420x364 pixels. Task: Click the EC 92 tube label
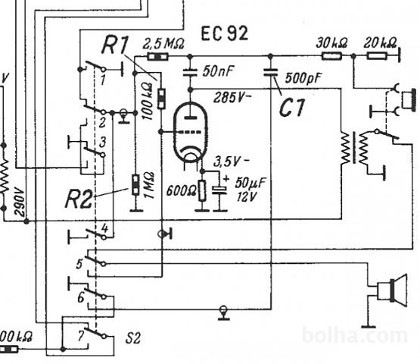tap(225, 33)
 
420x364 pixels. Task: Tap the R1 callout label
tap(115, 45)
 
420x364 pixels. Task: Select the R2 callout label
tap(79, 199)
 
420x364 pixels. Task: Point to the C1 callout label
tap(292, 107)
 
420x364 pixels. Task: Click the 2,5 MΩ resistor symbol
tap(157, 57)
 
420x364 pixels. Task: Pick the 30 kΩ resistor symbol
tap(331, 56)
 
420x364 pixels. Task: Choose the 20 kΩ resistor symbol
tap(377, 56)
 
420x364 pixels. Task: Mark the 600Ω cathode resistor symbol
tap(203, 191)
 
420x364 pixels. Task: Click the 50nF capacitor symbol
tap(190, 73)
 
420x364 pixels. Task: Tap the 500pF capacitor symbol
tap(270, 73)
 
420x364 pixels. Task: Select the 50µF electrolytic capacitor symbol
tap(219, 190)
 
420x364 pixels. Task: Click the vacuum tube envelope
tap(191, 132)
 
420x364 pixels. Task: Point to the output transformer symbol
tap(354, 148)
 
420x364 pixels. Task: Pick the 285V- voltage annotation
tap(232, 98)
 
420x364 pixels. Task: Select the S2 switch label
tap(133, 338)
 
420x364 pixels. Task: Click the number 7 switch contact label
tap(81, 336)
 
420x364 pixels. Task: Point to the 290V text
tap(20, 202)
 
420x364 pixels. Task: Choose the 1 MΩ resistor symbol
tap(135, 184)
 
